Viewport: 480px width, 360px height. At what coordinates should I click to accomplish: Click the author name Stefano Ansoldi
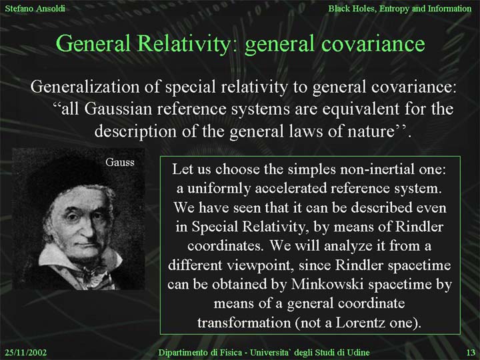pyautogui.click(x=35, y=8)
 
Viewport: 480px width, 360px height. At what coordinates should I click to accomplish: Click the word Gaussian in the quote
pyautogui.click(x=118, y=109)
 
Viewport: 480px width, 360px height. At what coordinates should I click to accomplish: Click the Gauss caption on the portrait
pyautogui.click(x=120, y=162)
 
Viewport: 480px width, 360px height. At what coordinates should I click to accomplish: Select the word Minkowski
pyautogui.click(x=327, y=285)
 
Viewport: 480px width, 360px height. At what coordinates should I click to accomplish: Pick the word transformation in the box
pyautogui.click(x=244, y=323)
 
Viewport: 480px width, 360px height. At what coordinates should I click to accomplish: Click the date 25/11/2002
pyautogui.click(x=26, y=353)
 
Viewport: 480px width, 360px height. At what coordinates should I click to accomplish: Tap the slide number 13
pyautogui.click(x=471, y=353)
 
